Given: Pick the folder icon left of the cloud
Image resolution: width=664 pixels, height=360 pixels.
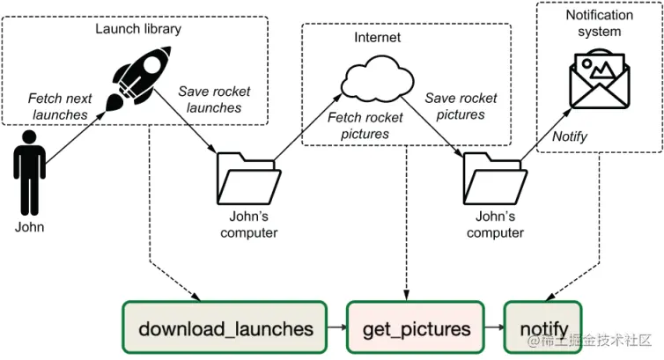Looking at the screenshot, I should (x=246, y=180).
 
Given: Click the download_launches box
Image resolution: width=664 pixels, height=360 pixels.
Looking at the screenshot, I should (x=225, y=329).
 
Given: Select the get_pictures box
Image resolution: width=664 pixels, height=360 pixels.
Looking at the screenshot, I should (x=417, y=329).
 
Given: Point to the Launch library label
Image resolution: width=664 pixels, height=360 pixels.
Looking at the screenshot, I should (x=138, y=29).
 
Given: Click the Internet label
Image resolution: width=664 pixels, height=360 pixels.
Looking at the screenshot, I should (x=377, y=38).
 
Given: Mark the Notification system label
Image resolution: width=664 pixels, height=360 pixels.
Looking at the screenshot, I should (x=599, y=23).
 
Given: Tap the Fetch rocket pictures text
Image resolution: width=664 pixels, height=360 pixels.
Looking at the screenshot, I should (x=365, y=126).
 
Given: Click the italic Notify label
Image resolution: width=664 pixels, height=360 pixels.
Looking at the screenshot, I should (x=569, y=136).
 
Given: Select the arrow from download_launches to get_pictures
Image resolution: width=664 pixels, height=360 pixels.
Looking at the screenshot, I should (x=337, y=329).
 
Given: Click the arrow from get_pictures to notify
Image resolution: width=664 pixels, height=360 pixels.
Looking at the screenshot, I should (x=494, y=329).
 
